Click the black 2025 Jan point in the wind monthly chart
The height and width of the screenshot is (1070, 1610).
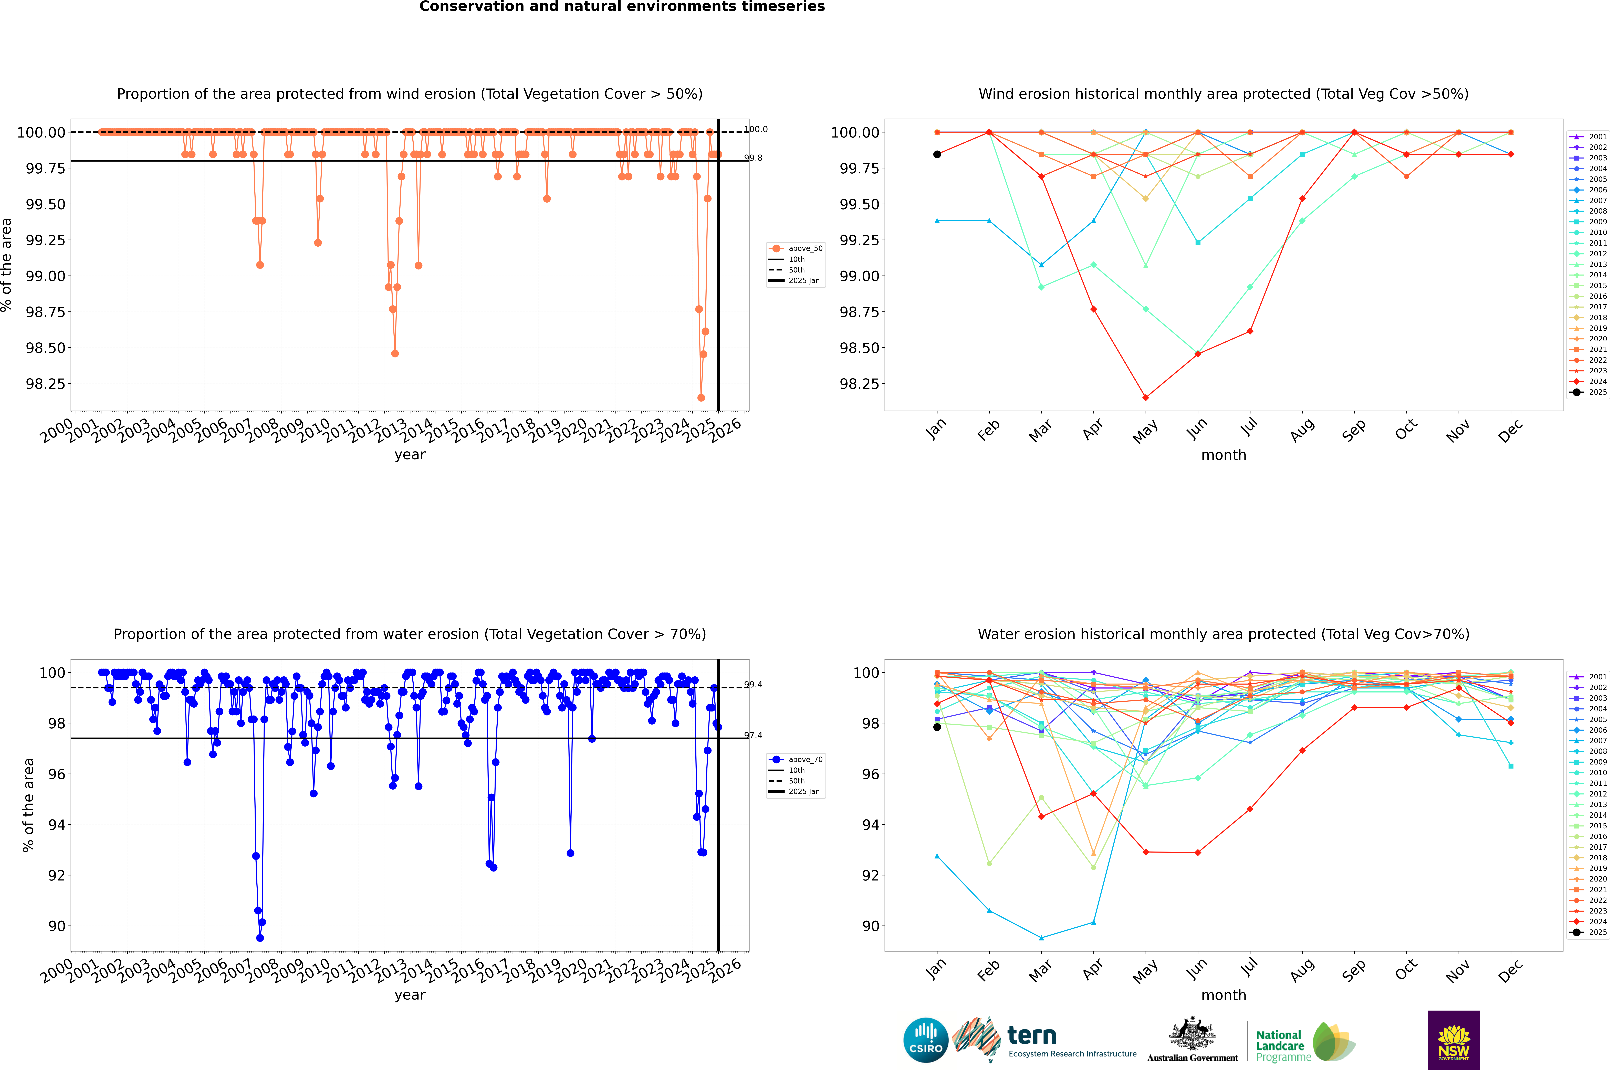point(937,154)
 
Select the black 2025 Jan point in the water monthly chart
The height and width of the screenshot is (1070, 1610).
point(937,727)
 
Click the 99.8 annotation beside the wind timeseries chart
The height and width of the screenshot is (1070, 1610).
point(754,158)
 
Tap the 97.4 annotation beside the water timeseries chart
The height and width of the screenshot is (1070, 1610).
point(754,736)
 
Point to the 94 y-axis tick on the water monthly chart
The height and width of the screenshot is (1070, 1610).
point(870,824)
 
